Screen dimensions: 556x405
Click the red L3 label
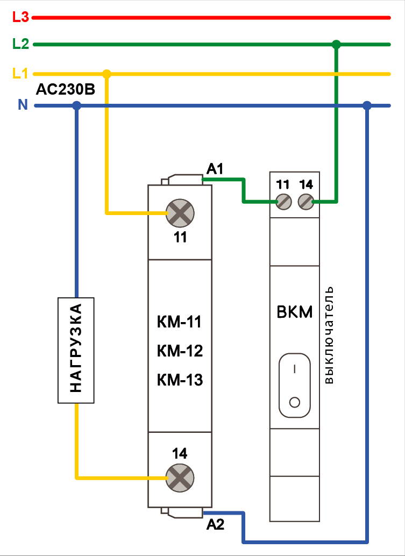click(20, 17)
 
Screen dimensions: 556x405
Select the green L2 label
click(20, 44)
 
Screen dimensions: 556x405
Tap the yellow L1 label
click(20, 73)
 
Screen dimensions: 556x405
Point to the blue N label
click(23, 105)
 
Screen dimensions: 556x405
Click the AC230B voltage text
click(65, 90)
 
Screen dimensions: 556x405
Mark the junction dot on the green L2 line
click(337, 44)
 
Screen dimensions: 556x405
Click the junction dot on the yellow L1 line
click(106, 74)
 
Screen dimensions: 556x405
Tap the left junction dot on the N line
click(76, 106)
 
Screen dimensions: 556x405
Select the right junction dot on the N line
click(367, 106)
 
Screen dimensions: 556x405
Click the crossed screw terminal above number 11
click(180, 213)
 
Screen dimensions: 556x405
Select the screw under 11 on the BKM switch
click(283, 202)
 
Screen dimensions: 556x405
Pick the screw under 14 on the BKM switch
click(305, 202)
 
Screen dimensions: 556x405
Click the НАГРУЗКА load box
click(76, 350)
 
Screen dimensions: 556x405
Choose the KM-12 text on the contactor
click(180, 352)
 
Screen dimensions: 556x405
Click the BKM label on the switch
click(294, 312)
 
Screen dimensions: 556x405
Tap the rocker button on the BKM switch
click(294, 385)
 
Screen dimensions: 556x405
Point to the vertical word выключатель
click(329, 334)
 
